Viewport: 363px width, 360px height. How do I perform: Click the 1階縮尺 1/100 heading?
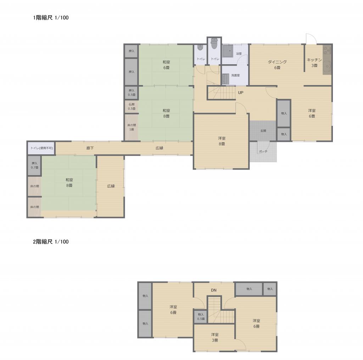pyautogui.click(x=51, y=18)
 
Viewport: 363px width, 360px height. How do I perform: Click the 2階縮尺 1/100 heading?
pyautogui.click(x=51, y=242)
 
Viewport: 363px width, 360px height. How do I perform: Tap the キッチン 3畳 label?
pyautogui.click(x=314, y=63)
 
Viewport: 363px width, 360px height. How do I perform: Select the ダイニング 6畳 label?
pyautogui.click(x=277, y=65)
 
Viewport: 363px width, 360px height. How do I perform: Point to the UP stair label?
pyautogui.click(x=241, y=93)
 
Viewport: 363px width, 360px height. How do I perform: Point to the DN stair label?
pyautogui.click(x=214, y=290)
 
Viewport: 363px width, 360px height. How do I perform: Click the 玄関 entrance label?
pyautogui.click(x=263, y=131)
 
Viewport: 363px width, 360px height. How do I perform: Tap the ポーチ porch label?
pyautogui.click(x=263, y=151)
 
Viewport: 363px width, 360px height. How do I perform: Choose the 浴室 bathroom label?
pyautogui.click(x=239, y=54)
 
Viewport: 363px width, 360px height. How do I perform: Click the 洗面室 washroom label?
pyautogui.click(x=235, y=76)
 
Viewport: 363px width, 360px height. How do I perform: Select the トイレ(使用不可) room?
pyautogui.click(x=42, y=148)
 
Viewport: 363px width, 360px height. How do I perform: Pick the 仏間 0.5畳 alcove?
pyautogui.click(x=132, y=107)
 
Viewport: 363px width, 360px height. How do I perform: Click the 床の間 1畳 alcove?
pyautogui.click(x=132, y=127)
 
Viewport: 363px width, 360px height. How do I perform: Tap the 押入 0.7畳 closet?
pyautogui.click(x=35, y=165)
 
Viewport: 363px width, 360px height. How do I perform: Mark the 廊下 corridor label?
pyautogui.click(x=90, y=148)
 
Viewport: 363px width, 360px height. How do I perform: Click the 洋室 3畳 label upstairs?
pyautogui.click(x=215, y=338)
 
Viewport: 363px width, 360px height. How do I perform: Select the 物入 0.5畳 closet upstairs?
pyautogui.click(x=201, y=317)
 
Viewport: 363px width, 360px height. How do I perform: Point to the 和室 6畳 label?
pyautogui.click(x=166, y=65)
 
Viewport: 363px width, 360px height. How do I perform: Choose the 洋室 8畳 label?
pyautogui.click(x=222, y=141)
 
